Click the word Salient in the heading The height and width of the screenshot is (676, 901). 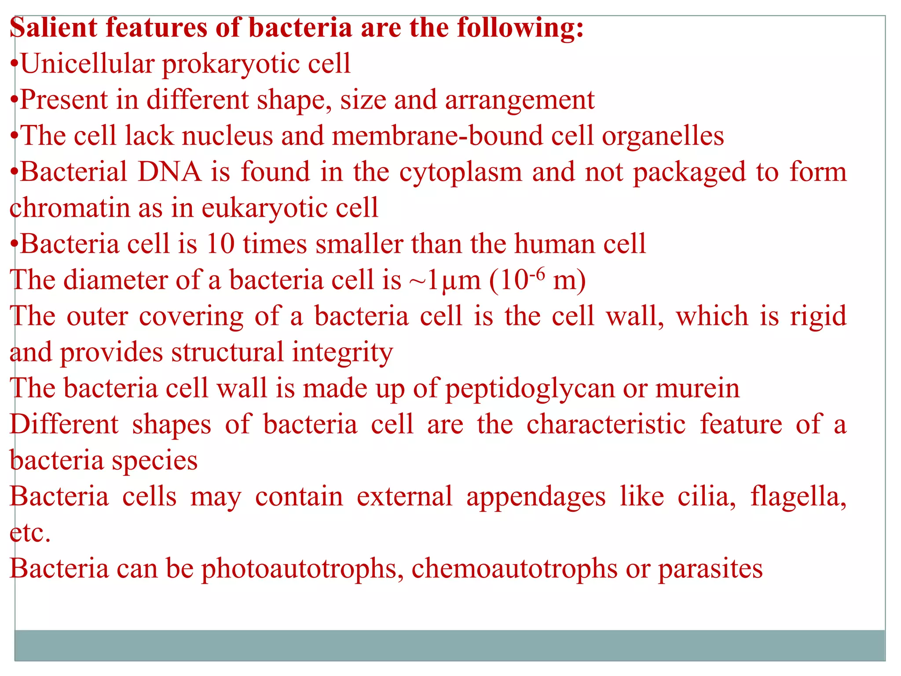pos(53,27)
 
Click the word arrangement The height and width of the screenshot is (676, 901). pos(520,101)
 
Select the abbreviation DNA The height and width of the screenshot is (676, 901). pos(169,172)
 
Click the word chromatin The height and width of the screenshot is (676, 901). pos(70,208)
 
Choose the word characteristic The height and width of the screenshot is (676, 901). pos(606,425)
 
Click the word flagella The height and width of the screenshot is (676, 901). pos(798,497)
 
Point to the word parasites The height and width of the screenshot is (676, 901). pos(710,569)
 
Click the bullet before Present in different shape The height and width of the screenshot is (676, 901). pos(14,101)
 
